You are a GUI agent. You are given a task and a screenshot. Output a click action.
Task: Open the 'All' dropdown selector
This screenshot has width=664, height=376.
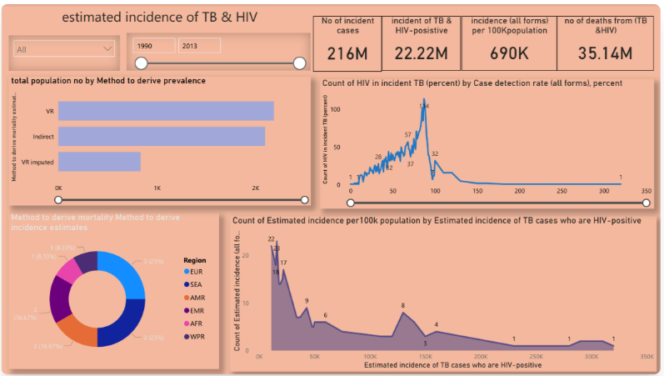pos(63,49)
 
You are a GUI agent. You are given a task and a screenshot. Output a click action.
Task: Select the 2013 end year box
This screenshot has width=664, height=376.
pos(199,46)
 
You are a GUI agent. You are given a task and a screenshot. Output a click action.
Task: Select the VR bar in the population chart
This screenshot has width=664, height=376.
pos(166,111)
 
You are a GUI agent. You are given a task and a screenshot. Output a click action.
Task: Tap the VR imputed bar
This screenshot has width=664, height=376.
pos(99,162)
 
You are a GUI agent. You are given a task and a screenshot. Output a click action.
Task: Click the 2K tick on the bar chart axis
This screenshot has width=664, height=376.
pos(255,188)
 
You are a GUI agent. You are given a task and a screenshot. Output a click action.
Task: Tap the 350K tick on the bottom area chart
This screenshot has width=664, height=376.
pos(647,357)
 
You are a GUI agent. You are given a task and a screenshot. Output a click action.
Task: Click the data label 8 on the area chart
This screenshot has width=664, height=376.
pos(403,306)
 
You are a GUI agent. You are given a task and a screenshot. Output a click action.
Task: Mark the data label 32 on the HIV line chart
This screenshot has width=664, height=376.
pos(435,153)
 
